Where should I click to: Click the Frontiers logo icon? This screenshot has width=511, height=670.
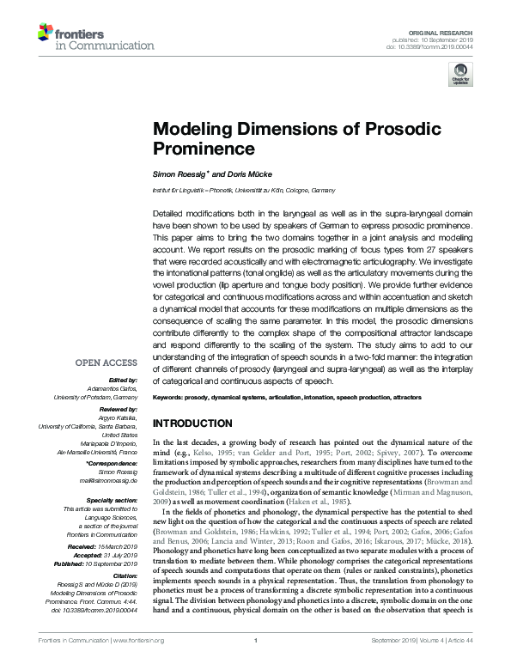tap(46, 33)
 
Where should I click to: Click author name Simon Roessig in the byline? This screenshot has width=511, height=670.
tap(180, 174)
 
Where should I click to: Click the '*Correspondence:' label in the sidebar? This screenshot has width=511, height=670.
tap(113, 464)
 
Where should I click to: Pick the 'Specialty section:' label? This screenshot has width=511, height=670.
tap(111, 499)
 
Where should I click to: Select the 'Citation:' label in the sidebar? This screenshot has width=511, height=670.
tap(123, 576)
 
